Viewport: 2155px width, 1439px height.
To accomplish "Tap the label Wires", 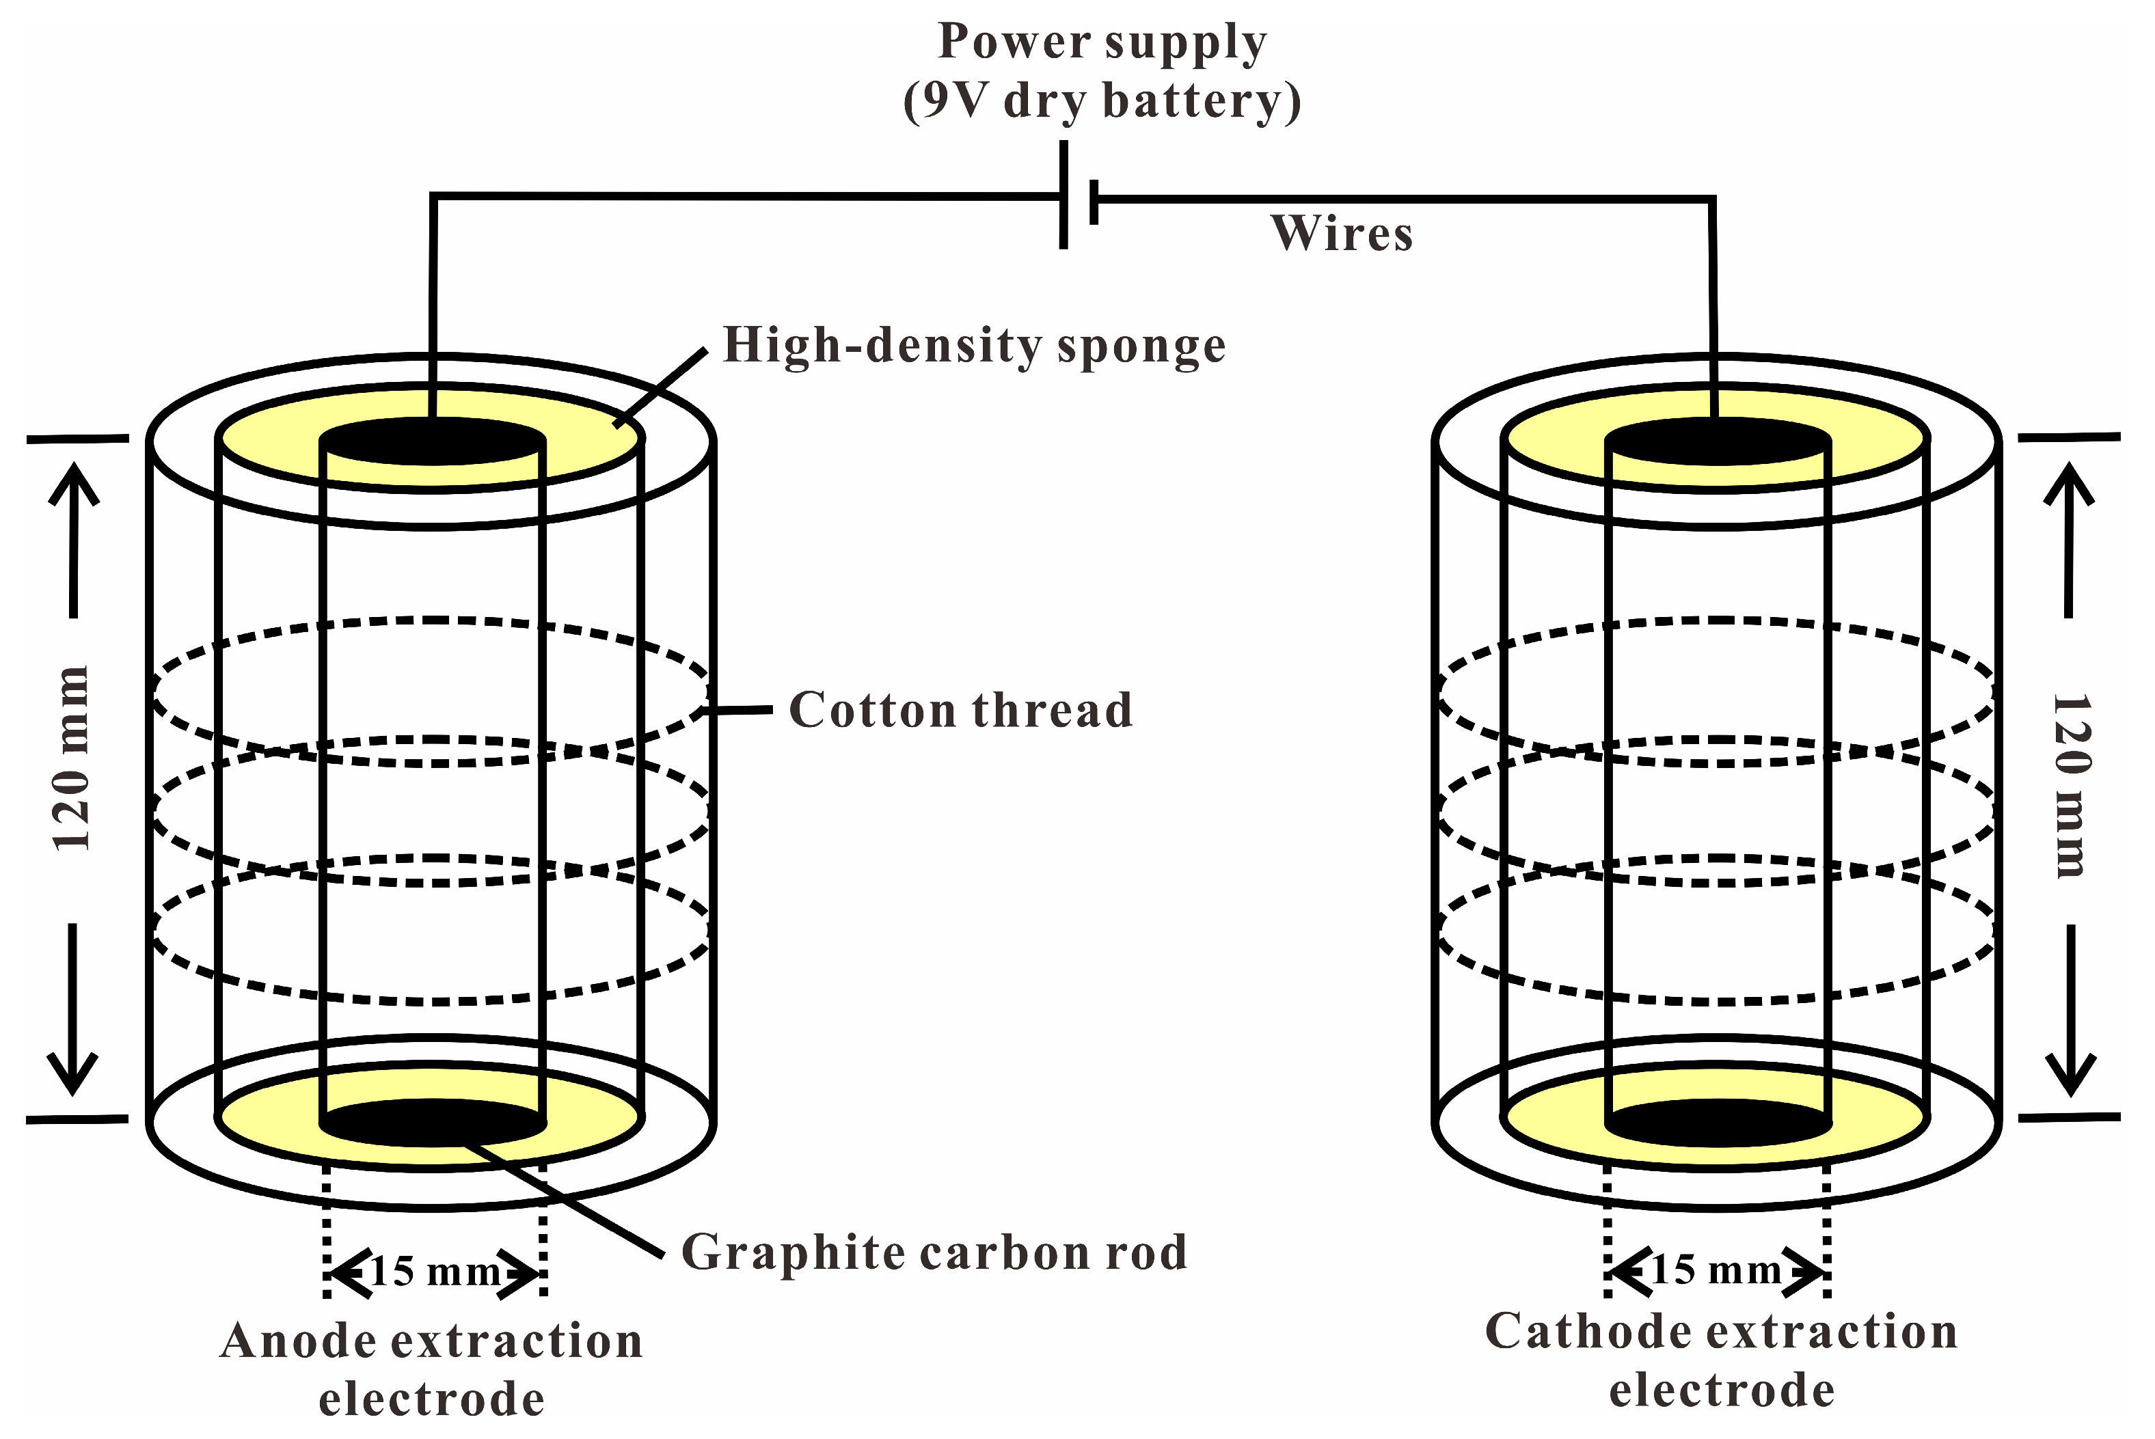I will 1341,233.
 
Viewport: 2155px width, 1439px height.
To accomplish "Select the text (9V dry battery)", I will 1101,101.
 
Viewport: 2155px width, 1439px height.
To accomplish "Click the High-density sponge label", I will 973,346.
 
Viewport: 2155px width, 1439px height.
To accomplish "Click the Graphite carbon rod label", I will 934,1252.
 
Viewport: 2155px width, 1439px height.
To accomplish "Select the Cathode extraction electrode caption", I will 1721,1360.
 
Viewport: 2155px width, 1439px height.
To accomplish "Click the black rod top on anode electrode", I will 432,441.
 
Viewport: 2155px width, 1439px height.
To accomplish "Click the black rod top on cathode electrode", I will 1717,441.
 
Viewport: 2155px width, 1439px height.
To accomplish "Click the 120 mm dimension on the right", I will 2070,786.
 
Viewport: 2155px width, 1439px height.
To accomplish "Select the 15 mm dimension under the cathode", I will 1716,1271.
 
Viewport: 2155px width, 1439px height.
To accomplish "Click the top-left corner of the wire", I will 433,195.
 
